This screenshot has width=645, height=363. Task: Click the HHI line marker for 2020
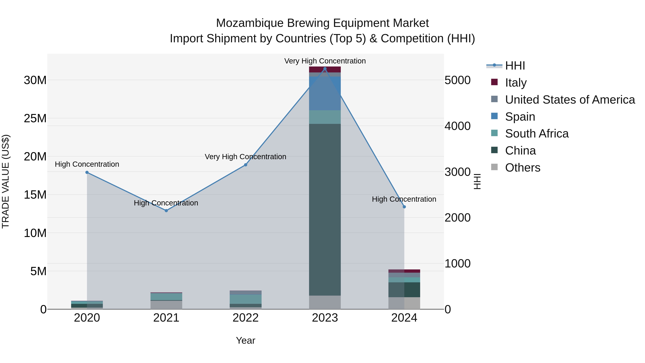tap(87, 172)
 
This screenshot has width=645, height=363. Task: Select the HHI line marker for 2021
tap(166, 211)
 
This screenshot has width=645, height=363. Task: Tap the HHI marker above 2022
tap(246, 165)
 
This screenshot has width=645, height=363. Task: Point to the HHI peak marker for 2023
tap(325, 69)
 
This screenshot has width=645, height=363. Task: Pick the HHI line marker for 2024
tap(404, 207)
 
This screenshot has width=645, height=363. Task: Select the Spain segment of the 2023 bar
tap(325, 93)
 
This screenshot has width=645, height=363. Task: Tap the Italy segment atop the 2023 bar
tap(325, 69)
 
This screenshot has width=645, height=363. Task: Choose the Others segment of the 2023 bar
tap(325, 302)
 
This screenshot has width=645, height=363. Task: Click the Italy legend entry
tap(516, 83)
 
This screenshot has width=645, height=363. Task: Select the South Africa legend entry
tap(537, 134)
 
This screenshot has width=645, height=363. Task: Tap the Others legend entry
tap(523, 168)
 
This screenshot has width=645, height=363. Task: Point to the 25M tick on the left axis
tap(35, 118)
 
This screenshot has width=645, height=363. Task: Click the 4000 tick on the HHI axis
tap(457, 126)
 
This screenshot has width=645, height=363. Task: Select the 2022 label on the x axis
tap(246, 318)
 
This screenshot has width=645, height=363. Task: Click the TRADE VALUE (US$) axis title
tap(6, 181)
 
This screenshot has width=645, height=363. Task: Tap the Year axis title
tap(246, 340)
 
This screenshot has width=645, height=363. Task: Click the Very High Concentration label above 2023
tap(325, 61)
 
